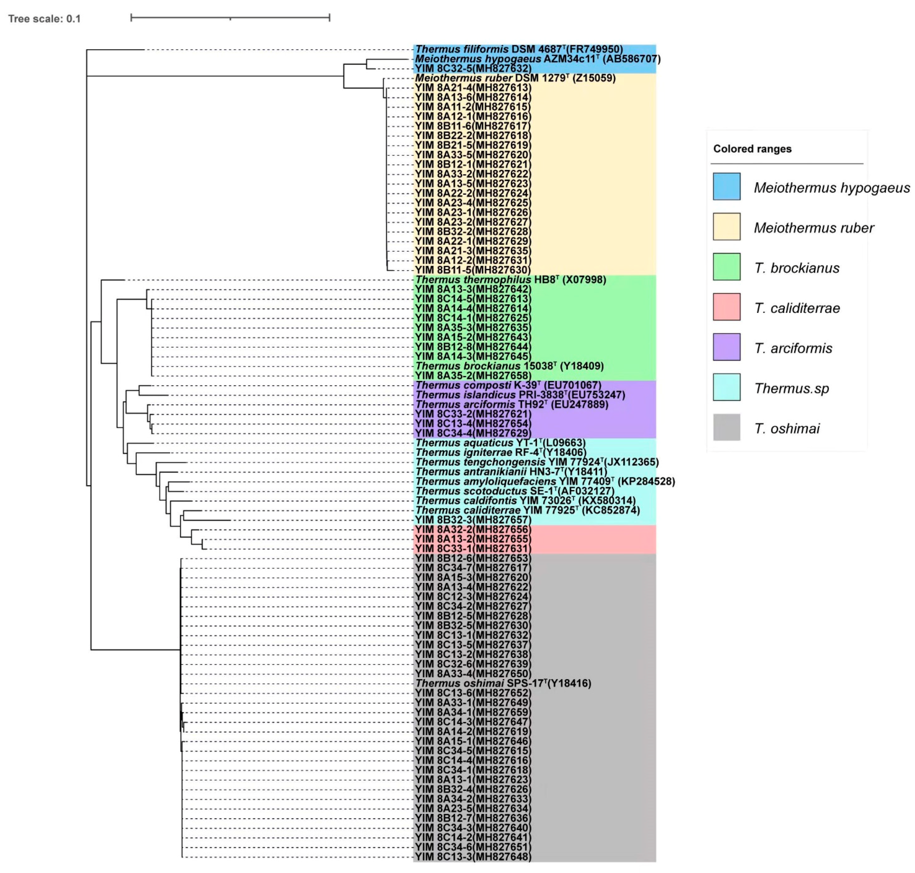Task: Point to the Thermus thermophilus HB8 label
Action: (x=510, y=280)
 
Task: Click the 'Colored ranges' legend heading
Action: (x=752, y=149)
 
